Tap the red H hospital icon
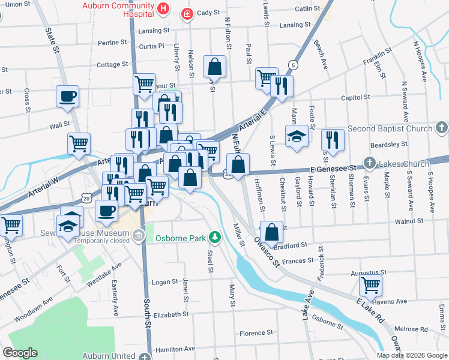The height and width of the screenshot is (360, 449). point(163,8)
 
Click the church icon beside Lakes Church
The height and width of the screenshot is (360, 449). point(370,163)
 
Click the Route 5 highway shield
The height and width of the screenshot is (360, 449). point(292,65)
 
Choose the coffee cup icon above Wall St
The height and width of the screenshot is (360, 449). point(67,95)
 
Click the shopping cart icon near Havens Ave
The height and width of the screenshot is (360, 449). point(370,284)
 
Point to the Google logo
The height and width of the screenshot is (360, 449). point(20,353)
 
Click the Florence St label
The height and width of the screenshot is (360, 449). point(256,332)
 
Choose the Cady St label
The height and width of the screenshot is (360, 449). point(208,12)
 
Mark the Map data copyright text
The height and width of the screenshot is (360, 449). point(412,355)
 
